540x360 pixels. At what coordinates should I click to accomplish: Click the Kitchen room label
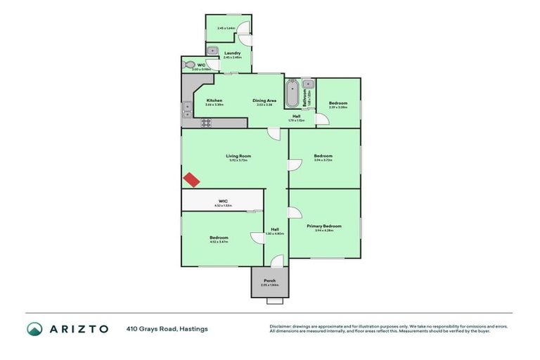pyautogui.click(x=214, y=101)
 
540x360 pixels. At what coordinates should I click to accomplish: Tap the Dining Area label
pyautogui.click(x=264, y=101)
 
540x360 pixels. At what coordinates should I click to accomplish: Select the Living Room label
pyautogui.click(x=238, y=155)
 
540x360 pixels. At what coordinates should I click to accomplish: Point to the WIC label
pyautogui.click(x=223, y=201)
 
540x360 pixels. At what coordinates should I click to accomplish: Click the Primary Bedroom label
pyautogui.click(x=324, y=226)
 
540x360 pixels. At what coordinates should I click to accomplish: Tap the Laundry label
pyautogui.click(x=233, y=53)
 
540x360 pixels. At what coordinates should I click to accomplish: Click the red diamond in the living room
pyautogui.click(x=191, y=180)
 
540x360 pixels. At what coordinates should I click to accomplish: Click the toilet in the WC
pyautogui.click(x=188, y=65)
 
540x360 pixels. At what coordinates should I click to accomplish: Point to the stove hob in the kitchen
pyautogui.click(x=207, y=122)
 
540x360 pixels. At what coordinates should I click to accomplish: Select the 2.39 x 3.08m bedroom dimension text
pyautogui.click(x=338, y=108)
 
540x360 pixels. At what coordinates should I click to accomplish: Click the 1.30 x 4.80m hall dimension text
pyautogui.click(x=275, y=234)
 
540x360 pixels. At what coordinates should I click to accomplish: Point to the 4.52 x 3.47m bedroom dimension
pyautogui.click(x=219, y=242)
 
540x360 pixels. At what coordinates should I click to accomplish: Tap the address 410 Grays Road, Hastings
pyautogui.click(x=167, y=328)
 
